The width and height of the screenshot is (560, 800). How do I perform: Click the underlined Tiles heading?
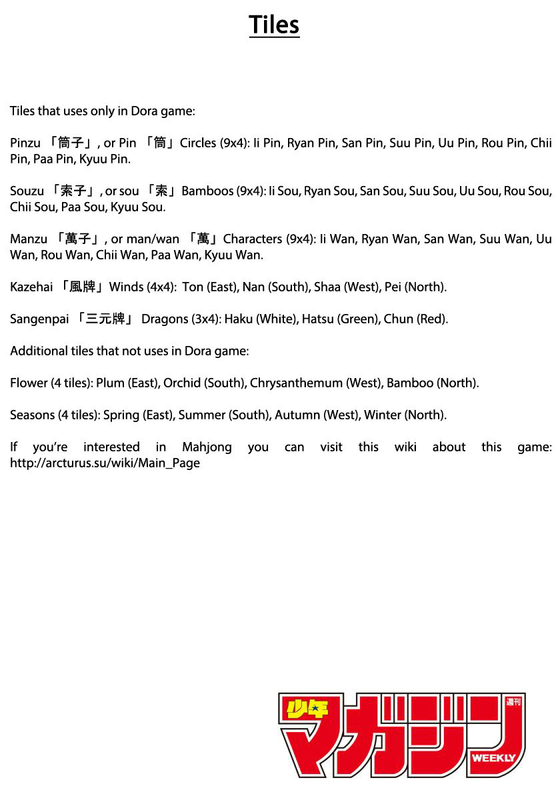[x=274, y=25]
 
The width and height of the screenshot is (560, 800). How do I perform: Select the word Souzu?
[x=27, y=191]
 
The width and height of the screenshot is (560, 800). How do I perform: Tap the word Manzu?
[x=29, y=239]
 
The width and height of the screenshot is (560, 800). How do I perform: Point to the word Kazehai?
[x=31, y=287]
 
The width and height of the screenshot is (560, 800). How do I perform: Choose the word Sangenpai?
[x=39, y=319]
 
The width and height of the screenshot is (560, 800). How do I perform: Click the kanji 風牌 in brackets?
[x=83, y=287]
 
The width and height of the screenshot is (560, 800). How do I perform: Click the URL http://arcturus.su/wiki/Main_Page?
[x=105, y=463]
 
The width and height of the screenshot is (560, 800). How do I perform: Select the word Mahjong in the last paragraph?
[x=207, y=447]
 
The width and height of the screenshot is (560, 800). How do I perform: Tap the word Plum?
[x=110, y=383]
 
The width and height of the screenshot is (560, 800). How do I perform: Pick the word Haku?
[x=238, y=319]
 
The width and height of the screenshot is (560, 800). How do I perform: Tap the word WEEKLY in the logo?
[x=493, y=758]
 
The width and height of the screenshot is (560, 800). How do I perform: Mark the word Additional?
[x=39, y=351]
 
